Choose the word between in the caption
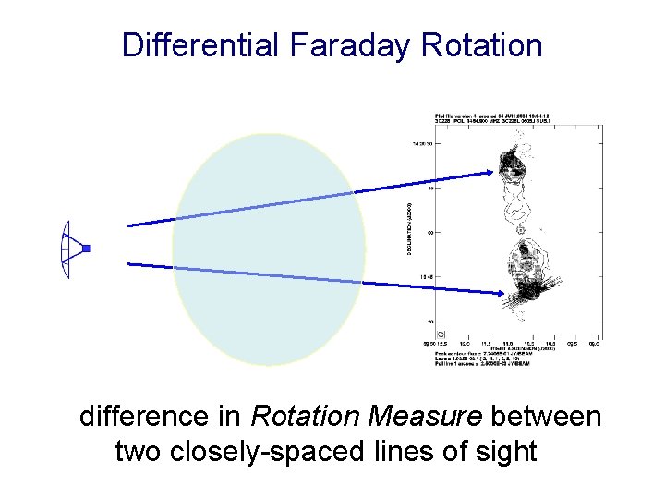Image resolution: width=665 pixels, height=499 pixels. click(x=546, y=417)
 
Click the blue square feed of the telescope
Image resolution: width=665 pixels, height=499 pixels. click(x=86, y=249)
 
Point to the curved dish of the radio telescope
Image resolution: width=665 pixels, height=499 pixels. click(x=64, y=250)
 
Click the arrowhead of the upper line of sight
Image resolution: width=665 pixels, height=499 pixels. click(x=492, y=171)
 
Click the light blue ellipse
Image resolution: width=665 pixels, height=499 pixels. click(x=269, y=249)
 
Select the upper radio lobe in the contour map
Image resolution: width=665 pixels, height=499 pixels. click(x=511, y=167)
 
